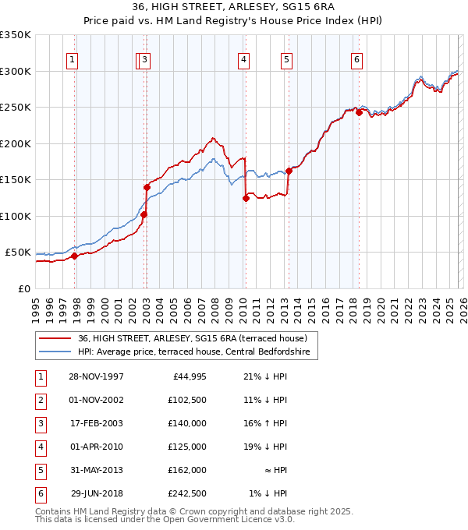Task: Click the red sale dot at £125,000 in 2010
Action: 246,198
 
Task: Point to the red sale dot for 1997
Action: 75,256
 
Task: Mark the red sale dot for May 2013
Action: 289,171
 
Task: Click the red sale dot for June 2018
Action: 359,112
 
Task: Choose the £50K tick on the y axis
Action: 19,253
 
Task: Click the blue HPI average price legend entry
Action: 193,352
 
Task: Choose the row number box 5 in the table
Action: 40,470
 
